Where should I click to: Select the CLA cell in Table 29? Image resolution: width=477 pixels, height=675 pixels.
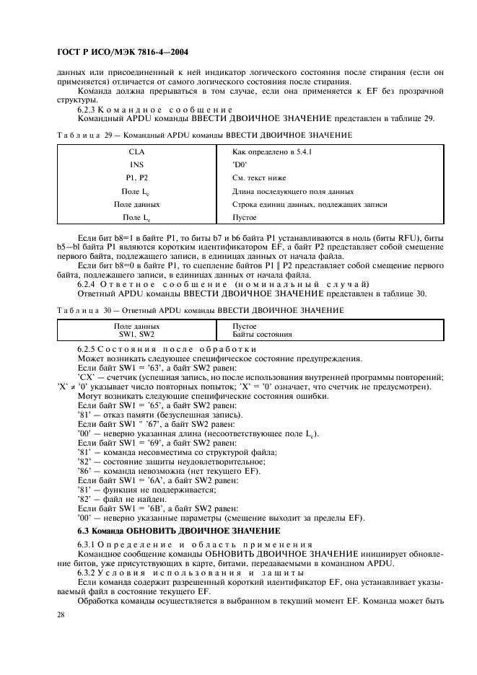[x=136, y=151]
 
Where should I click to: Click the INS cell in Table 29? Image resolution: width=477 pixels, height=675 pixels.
[x=136, y=164]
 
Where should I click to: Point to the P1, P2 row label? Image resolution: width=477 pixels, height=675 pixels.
[x=136, y=177]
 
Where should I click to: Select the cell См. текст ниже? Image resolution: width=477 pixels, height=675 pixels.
[x=259, y=177]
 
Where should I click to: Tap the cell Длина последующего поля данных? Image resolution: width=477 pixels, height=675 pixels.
[x=292, y=191]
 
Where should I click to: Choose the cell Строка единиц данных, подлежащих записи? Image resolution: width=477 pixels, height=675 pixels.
[x=310, y=204]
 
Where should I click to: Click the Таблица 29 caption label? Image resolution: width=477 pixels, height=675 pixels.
[x=74, y=135]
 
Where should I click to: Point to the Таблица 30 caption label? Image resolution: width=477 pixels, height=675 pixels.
[x=74, y=310]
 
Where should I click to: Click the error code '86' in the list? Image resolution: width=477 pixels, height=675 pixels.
[x=82, y=470]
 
